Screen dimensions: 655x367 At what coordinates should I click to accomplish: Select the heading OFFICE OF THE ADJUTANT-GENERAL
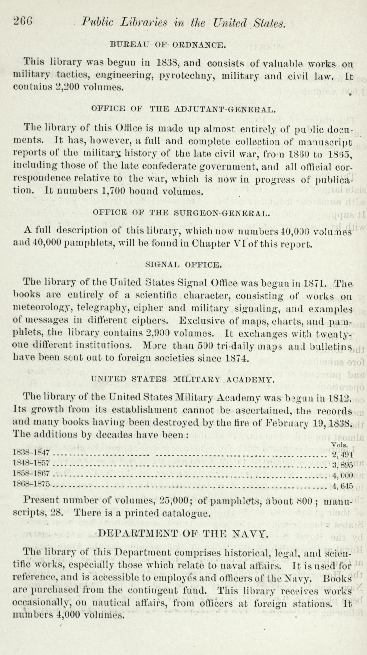click(x=183, y=110)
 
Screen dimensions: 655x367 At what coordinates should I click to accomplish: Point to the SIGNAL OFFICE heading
click(x=183, y=265)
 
